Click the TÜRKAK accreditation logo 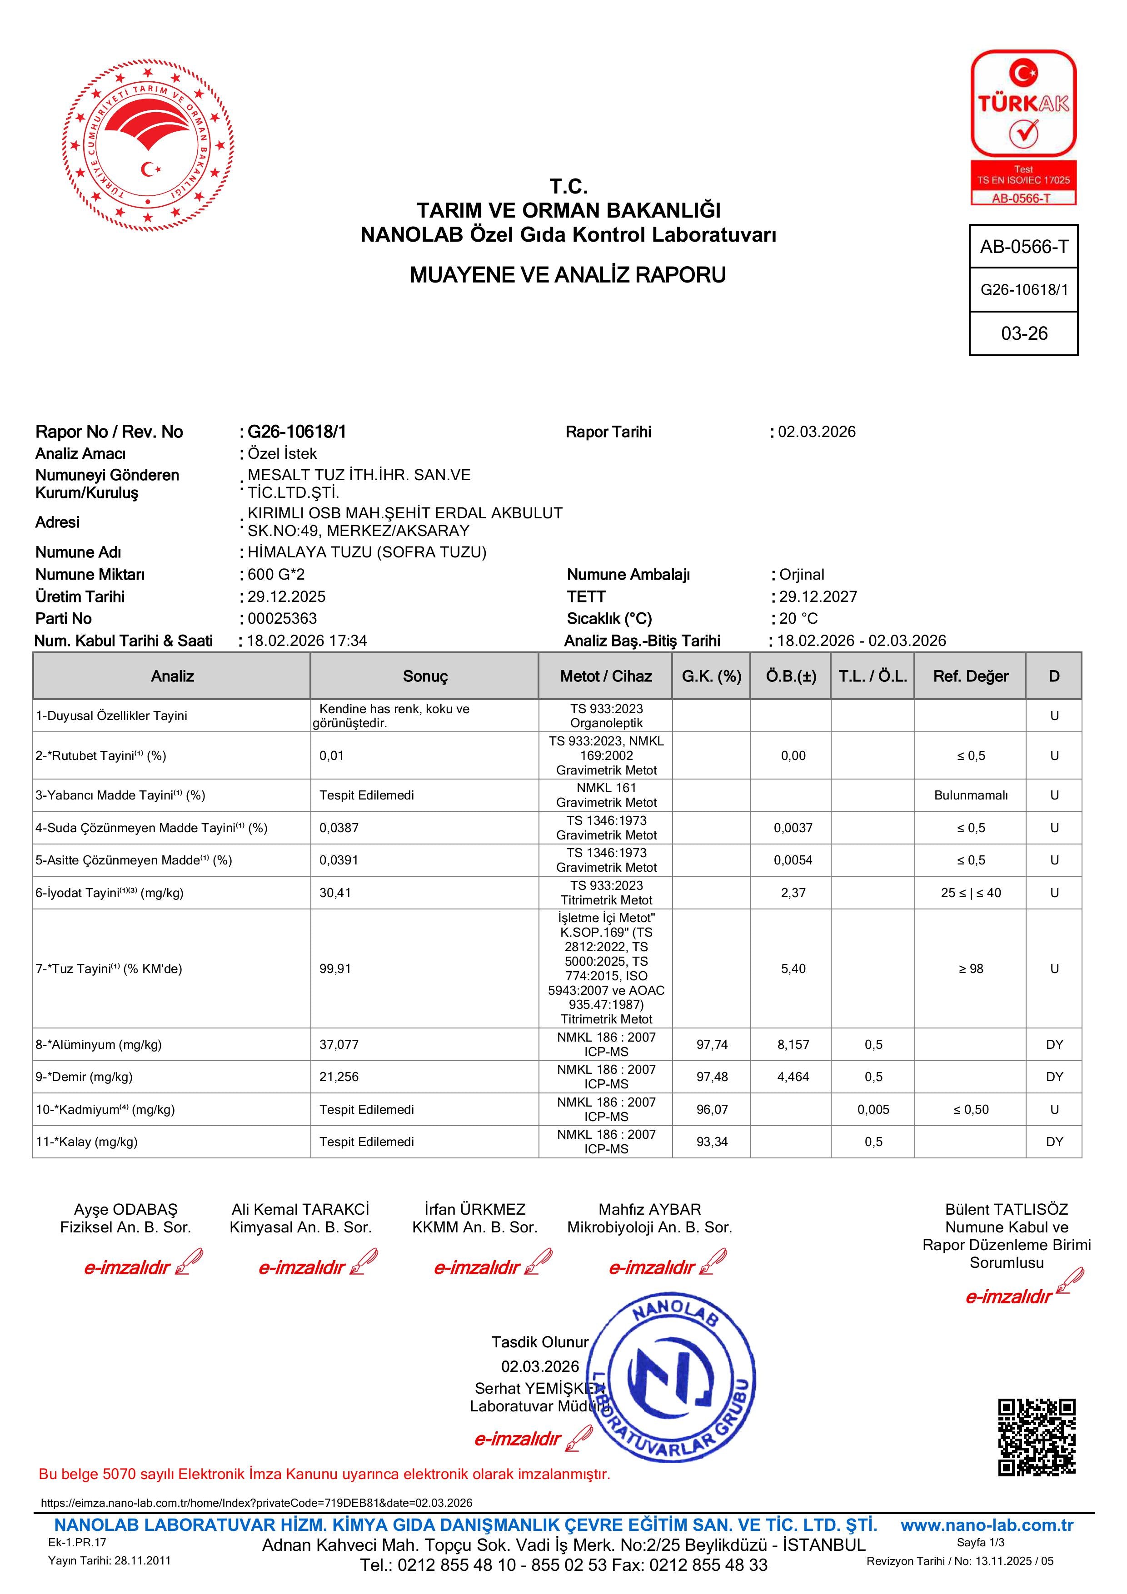tap(1023, 127)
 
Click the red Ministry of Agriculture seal tap(148, 145)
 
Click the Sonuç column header tap(425, 676)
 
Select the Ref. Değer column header tap(970, 676)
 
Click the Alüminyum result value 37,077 tap(339, 1044)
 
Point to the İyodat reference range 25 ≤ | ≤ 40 tap(970, 893)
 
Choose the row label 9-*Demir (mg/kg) tap(84, 1077)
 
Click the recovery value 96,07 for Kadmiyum tap(712, 1109)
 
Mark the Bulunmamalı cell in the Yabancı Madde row tap(970, 795)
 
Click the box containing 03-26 tap(1023, 333)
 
